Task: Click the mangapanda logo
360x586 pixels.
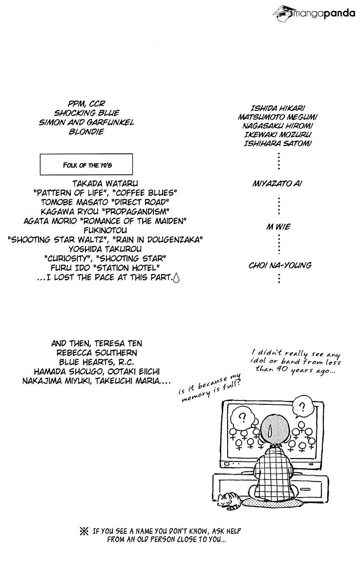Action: (x=314, y=13)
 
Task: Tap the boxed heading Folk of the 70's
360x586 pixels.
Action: (x=86, y=164)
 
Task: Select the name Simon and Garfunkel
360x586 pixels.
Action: (x=86, y=122)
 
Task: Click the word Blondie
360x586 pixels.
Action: (x=86, y=131)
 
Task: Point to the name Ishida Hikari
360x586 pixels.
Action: (x=278, y=108)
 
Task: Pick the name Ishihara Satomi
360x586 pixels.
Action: (x=278, y=144)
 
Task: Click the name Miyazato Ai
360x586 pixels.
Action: (x=277, y=184)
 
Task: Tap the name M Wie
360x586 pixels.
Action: (x=278, y=227)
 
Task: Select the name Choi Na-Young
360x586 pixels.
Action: (x=280, y=265)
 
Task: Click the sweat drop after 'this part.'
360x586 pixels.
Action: (x=176, y=278)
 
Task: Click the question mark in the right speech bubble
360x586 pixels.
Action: (x=302, y=407)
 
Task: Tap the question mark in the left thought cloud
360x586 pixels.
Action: (x=243, y=416)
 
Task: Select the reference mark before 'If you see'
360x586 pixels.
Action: (x=84, y=531)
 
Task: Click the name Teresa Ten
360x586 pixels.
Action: (x=118, y=343)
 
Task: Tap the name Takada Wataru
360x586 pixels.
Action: (x=105, y=184)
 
